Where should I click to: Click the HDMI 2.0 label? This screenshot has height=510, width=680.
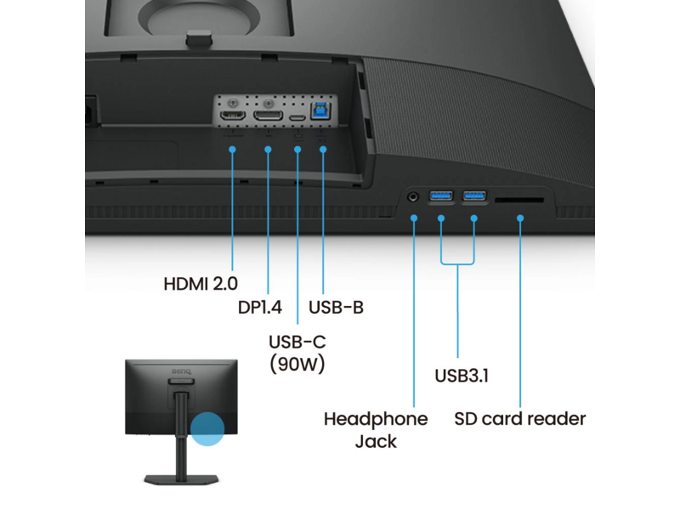click(x=201, y=284)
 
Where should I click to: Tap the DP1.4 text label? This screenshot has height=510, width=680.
click(x=260, y=308)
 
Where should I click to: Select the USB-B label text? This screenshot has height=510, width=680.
click(x=336, y=308)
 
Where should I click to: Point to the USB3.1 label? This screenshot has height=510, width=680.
click(x=462, y=376)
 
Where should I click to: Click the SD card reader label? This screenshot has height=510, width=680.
click(x=520, y=419)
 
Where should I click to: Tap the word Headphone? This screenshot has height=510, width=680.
click(x=376, y=419)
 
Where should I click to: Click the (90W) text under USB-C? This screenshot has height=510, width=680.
click(x=297, y=364)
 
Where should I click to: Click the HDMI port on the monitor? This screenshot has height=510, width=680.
click(x=233, y=116)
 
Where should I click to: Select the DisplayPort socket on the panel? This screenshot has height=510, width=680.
click(x=268, y=116)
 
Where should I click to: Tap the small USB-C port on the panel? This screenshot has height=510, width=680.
click(x=297, y=117)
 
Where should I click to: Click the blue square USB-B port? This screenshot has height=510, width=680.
click(x=321, y=110)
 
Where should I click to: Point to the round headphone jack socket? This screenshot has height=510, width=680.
click(x=413, y=197)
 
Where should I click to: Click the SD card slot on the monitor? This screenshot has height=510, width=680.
click(x=519, y=200)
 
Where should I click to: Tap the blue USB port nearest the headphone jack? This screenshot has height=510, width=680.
click(x=440, y=196)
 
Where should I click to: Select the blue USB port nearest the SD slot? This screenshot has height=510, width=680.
click(x=474, y=196)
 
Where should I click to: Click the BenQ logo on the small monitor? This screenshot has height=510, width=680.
click(x=181, y=371)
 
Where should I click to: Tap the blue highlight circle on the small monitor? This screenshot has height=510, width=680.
click(x=207, y=429)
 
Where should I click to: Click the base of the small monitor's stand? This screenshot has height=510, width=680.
click(x=181, y=479)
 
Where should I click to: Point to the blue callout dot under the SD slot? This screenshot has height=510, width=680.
click(x=520, y=218)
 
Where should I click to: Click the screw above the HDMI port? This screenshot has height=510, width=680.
click(x=233, y=103)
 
